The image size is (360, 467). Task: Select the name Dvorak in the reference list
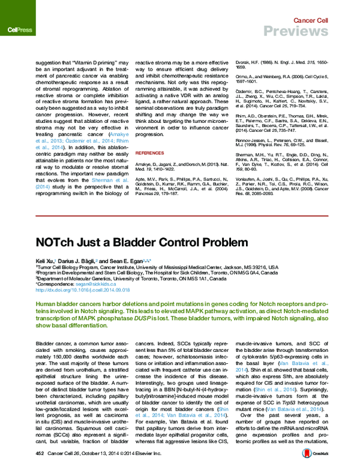[247, 61]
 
